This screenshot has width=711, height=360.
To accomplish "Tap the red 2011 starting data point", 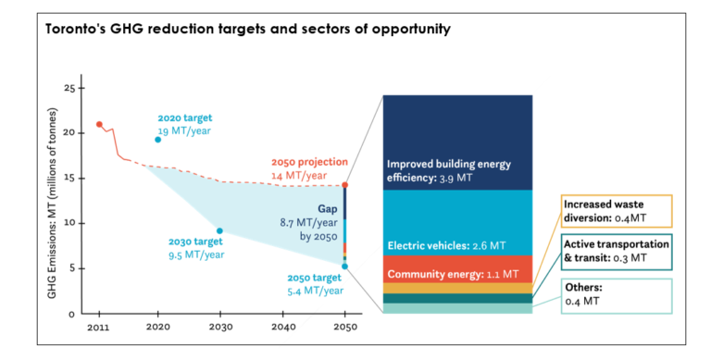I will pyautogui.click(x=99, y=124).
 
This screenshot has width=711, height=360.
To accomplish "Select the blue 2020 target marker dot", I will pyautogui.click(x=157, y=140).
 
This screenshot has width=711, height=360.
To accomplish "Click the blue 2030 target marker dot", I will pyautogui.click(x=219, y=230).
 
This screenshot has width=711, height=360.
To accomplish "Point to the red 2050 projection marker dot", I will pyautogui.click(x=344, y=185).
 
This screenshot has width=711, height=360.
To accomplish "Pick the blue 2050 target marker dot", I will pyautogui.click(x=344, y=266).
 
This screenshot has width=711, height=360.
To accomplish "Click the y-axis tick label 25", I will pyautogui.click(x=67, y=88).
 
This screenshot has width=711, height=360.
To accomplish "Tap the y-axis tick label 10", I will pyautogui.click(x=67, y=223).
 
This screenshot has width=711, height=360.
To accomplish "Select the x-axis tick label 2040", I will pyautogui.click(x=282, y=327).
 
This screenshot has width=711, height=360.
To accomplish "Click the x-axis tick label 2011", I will pyautogui.click(x=98, y=327).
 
